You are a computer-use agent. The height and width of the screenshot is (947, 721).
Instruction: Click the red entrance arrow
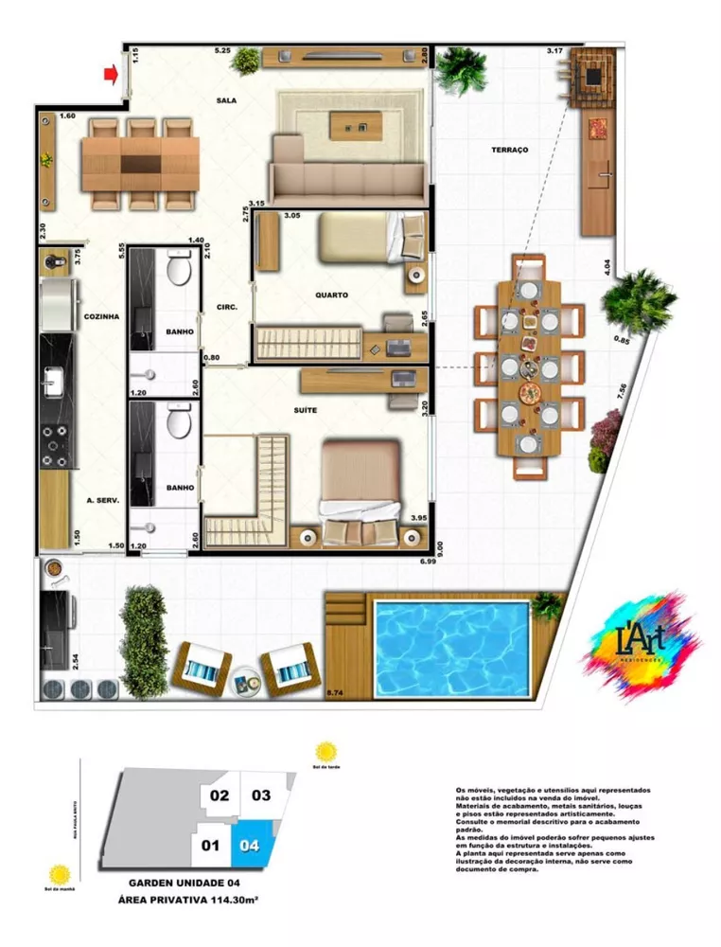(112, 73)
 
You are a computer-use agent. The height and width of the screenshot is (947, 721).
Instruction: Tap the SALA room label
(226, 99)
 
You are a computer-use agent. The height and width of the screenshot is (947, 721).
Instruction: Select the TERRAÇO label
(509, 151)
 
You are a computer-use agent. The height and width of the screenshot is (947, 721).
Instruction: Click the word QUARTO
(331, 295)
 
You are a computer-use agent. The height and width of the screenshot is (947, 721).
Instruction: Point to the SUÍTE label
(305, 410)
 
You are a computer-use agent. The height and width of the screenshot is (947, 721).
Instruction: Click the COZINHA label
(101, 317)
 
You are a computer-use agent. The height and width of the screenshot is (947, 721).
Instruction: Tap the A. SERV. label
(101, 499)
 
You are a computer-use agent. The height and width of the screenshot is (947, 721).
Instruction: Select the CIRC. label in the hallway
(225, 307)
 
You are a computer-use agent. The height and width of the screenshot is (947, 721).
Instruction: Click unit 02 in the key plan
(220, 795)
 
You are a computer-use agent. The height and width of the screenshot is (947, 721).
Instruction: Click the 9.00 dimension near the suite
(439, 546)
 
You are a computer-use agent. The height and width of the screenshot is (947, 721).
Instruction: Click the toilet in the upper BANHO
(179, 270)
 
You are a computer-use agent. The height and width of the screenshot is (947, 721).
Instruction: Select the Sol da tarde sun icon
(326, 751)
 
